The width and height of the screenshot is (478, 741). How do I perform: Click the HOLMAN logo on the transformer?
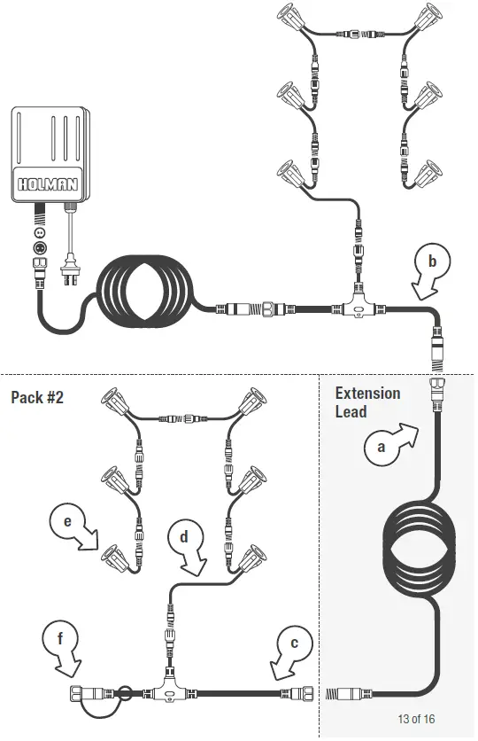(48, 183)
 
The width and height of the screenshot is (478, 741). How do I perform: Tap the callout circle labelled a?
(382, 448)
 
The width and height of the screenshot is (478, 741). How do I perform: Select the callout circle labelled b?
(432, 261)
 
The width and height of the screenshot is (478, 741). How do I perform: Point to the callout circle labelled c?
(295, 643)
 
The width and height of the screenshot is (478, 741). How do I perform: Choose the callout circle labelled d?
(184, 536)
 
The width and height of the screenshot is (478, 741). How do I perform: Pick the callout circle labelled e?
(67, 521)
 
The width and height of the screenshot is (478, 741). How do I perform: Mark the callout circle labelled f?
(60, 639)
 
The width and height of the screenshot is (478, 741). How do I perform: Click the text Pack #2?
(37, 397)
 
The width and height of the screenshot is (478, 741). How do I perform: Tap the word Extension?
(367, 394)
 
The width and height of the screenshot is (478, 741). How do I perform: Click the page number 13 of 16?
(416, 719)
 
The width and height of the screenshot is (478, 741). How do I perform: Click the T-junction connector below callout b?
(358, 305)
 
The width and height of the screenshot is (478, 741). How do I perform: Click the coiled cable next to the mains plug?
(145, 292)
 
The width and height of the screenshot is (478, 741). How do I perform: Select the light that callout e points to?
(114, 558)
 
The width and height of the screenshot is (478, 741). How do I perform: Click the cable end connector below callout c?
(297, 694)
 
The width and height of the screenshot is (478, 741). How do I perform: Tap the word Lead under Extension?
(351, 411)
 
